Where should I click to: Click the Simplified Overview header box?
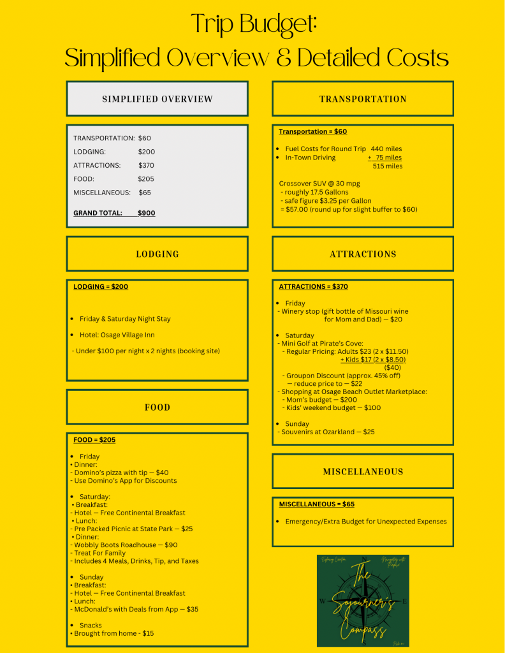157,99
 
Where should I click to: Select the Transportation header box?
363,99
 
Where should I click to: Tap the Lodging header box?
157,254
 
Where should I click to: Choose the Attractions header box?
363,254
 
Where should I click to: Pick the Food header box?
157,407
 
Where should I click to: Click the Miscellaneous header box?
363,472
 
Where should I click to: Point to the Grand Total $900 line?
114,213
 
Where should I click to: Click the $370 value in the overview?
147,165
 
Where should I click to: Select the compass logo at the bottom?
363,601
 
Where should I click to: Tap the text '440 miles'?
386,149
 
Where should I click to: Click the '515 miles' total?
388,166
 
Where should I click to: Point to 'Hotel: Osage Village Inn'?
117,335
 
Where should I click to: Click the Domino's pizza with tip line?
121,473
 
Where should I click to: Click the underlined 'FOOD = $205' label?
94,440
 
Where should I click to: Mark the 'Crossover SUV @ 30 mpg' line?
319,184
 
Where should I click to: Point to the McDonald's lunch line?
136,609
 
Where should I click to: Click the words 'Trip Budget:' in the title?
254,26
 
